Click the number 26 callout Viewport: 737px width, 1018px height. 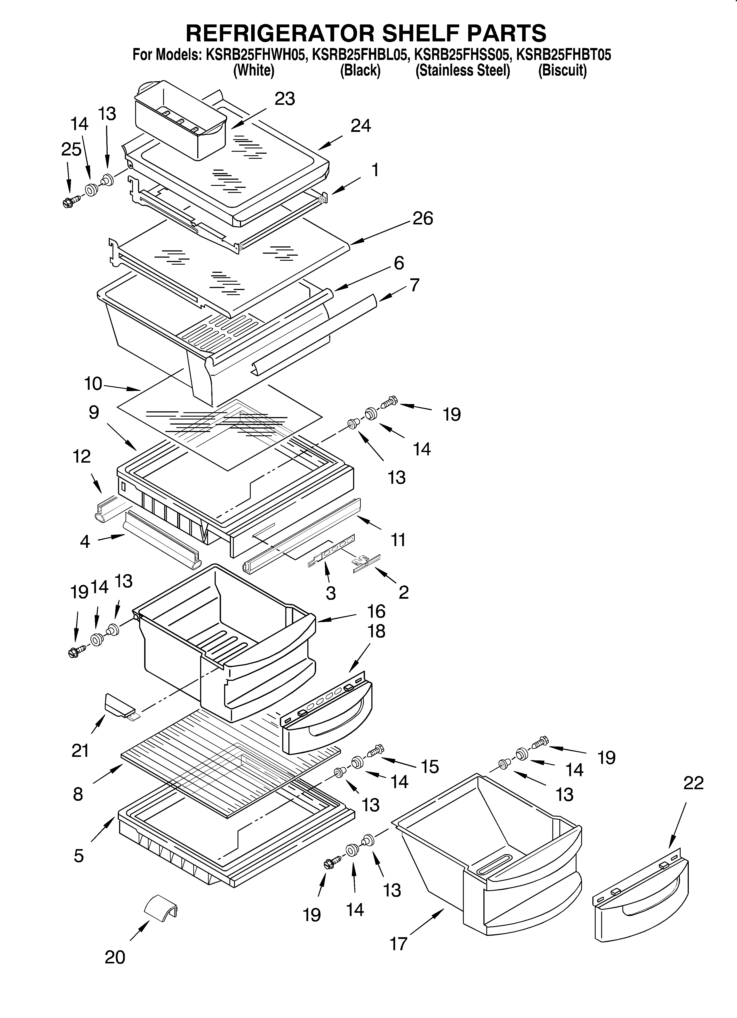point(422,219)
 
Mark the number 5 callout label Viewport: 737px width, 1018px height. point(79,856)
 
